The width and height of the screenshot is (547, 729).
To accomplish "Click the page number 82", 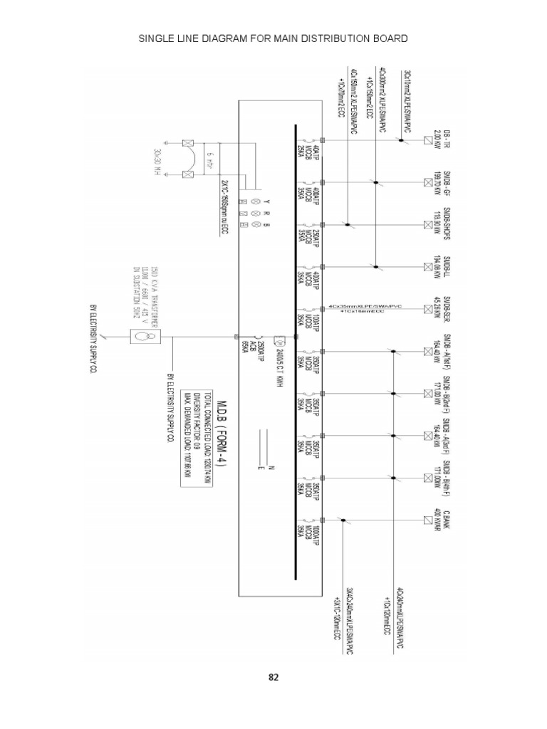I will (x=273, y=677).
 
